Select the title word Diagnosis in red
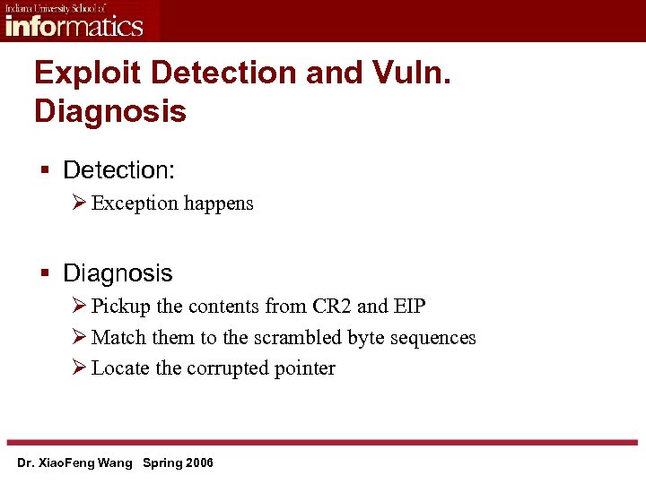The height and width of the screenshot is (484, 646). (x=110, y=112)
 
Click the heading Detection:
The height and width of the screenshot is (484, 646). (x=118, y=169)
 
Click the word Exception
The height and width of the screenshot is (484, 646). (x=135, y=203)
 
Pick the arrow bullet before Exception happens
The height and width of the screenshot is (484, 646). (x=77, y=203)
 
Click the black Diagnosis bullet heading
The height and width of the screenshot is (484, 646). (x=118, y=272)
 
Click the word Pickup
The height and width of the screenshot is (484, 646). (x=121, y=307)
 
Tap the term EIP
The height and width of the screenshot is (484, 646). (x=409, y=307)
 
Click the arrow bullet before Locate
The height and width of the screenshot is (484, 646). (x=77, y=368)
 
